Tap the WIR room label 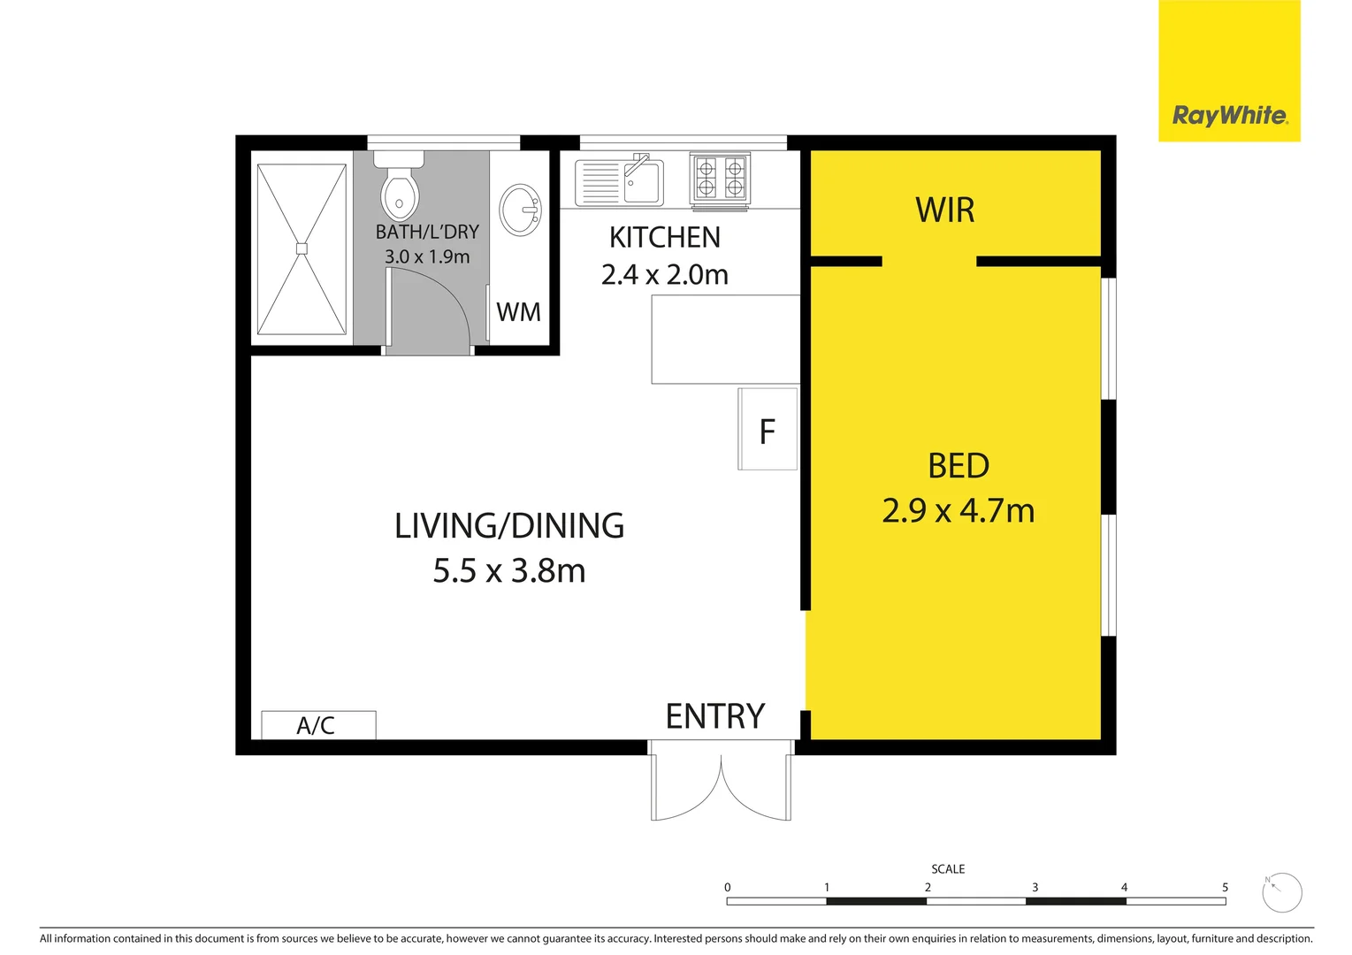944,210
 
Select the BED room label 958,466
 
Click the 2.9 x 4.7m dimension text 958,511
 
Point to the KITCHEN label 664,237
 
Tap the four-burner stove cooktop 720,177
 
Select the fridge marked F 768,430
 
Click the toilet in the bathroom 399,187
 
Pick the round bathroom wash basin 521,210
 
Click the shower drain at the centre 302,248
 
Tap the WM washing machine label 518,312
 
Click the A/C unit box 318,725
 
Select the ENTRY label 714,716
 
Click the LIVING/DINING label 509,526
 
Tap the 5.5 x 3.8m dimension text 509,571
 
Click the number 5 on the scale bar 1225,887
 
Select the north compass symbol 1281,893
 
